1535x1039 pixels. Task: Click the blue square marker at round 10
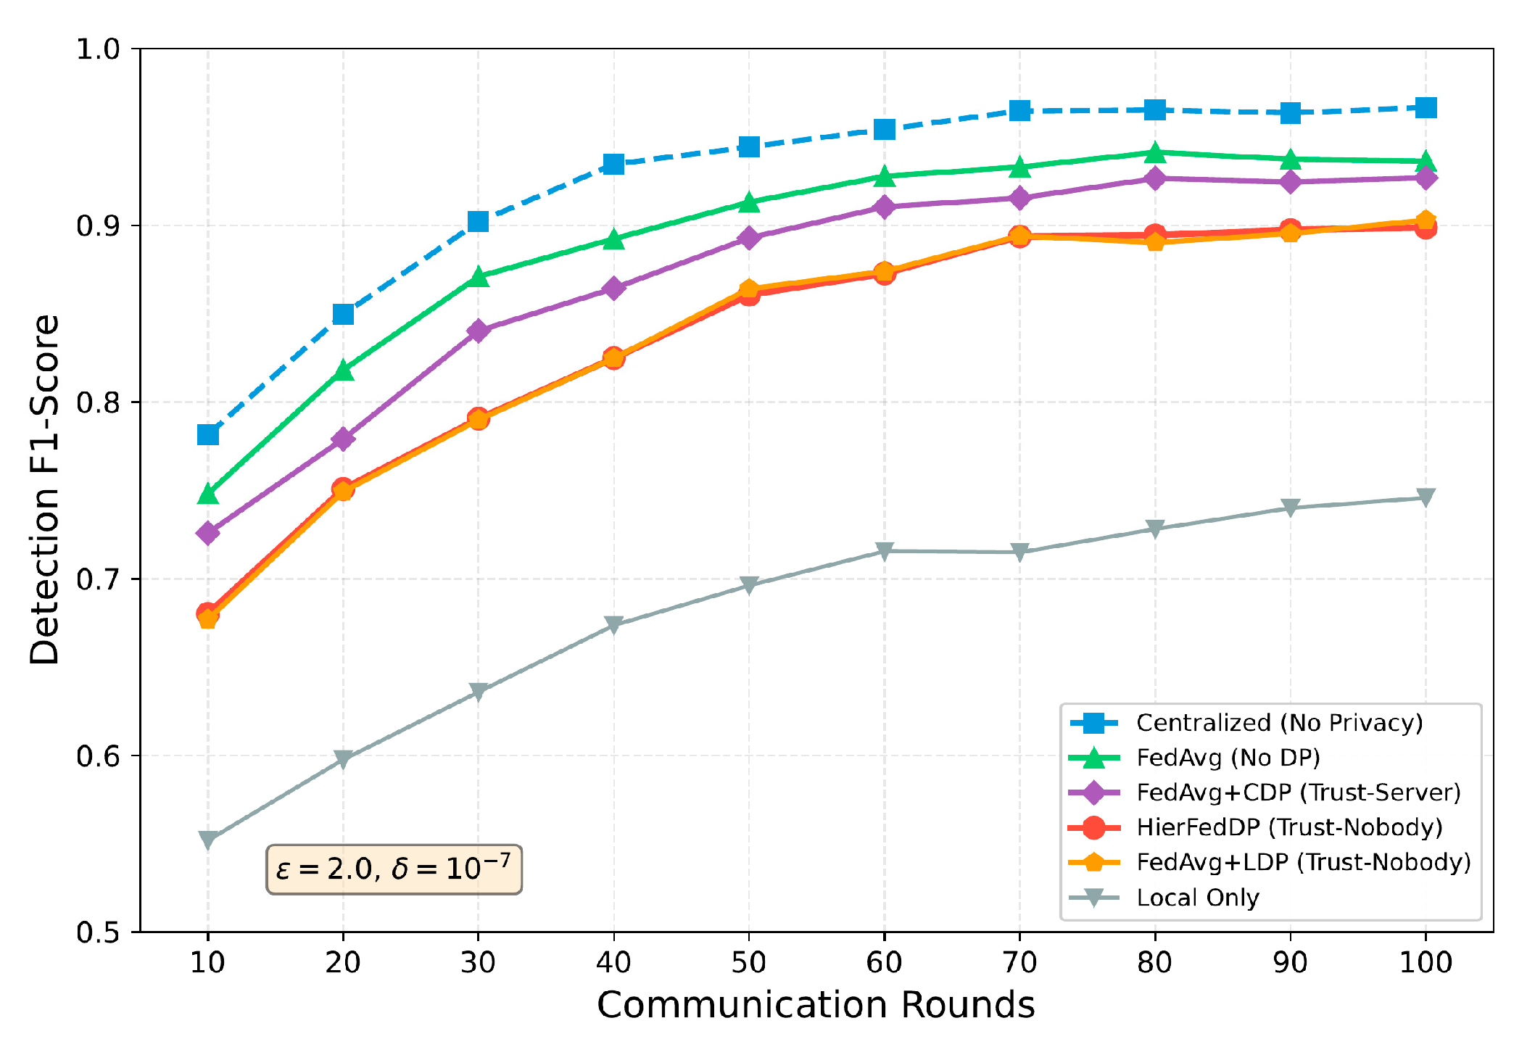tap(208, 434)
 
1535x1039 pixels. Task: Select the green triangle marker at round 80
tap(1155, 153)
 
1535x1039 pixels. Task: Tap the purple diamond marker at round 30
tap(478, 331)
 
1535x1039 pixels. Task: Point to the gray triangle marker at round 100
tap(1426, 497)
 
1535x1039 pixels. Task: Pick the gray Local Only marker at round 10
tap(208, 840)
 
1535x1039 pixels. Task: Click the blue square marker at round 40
tap(613, 164)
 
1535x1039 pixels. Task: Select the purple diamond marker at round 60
tap(884, 207)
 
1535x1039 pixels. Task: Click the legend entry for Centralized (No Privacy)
tap(1279, 723)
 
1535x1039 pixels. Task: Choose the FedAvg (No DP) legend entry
tap(1228, 758)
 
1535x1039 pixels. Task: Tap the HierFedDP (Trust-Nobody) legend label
tap(1288, 827)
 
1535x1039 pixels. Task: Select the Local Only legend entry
tap(1197, 898)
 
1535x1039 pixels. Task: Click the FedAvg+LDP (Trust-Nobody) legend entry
tap(1303, 862)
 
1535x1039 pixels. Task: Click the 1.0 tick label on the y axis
tap(98, 49)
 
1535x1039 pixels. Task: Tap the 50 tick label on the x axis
tap(748, 963)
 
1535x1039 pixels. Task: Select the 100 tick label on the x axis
tap(1426, 963)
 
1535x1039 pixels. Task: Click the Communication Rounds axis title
tap(816, 1006)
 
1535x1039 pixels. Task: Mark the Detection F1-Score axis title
tap(45, 489)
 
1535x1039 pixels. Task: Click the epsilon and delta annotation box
tap(394, 869)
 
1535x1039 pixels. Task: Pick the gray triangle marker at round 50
tap(748, 584)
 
